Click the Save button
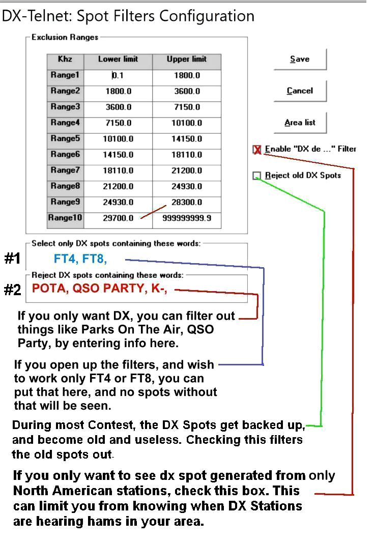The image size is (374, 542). [300, 59]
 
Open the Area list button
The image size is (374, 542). [300, 123]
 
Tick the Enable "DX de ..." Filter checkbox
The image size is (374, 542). [257, 150]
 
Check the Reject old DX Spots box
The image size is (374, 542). [257, 176]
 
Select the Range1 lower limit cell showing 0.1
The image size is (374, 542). [118, 75]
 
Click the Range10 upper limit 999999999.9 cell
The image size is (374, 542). [187, 218]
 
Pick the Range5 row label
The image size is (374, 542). [65, 138]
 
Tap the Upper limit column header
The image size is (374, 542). [187, 60]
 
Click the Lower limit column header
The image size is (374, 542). [118, 60]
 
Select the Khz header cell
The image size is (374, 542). [65, 60]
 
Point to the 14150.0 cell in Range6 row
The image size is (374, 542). [118, 155]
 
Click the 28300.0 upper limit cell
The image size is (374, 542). [187, 203]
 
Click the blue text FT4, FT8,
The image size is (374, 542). [80, 259]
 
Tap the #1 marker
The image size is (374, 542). [12, 259]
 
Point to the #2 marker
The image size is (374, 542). [12, 290]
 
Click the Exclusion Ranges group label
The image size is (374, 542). [65, 38]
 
